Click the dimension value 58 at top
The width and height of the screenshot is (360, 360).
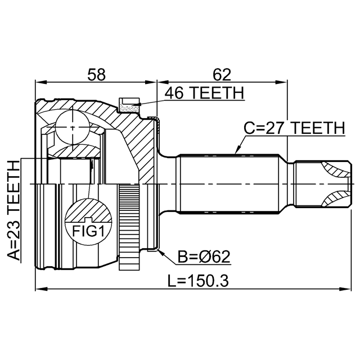(96, 75)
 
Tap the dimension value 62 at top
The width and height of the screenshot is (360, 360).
(222, 75)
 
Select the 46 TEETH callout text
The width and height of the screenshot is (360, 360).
(205, 93)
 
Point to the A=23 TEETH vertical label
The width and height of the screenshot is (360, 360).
(13, 210)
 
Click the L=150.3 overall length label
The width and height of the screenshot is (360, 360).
(198, 281)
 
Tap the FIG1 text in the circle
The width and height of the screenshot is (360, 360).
(88, 231)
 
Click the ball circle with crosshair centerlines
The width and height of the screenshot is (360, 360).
(72, 128)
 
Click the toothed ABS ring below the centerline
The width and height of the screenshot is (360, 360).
(129, 227)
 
